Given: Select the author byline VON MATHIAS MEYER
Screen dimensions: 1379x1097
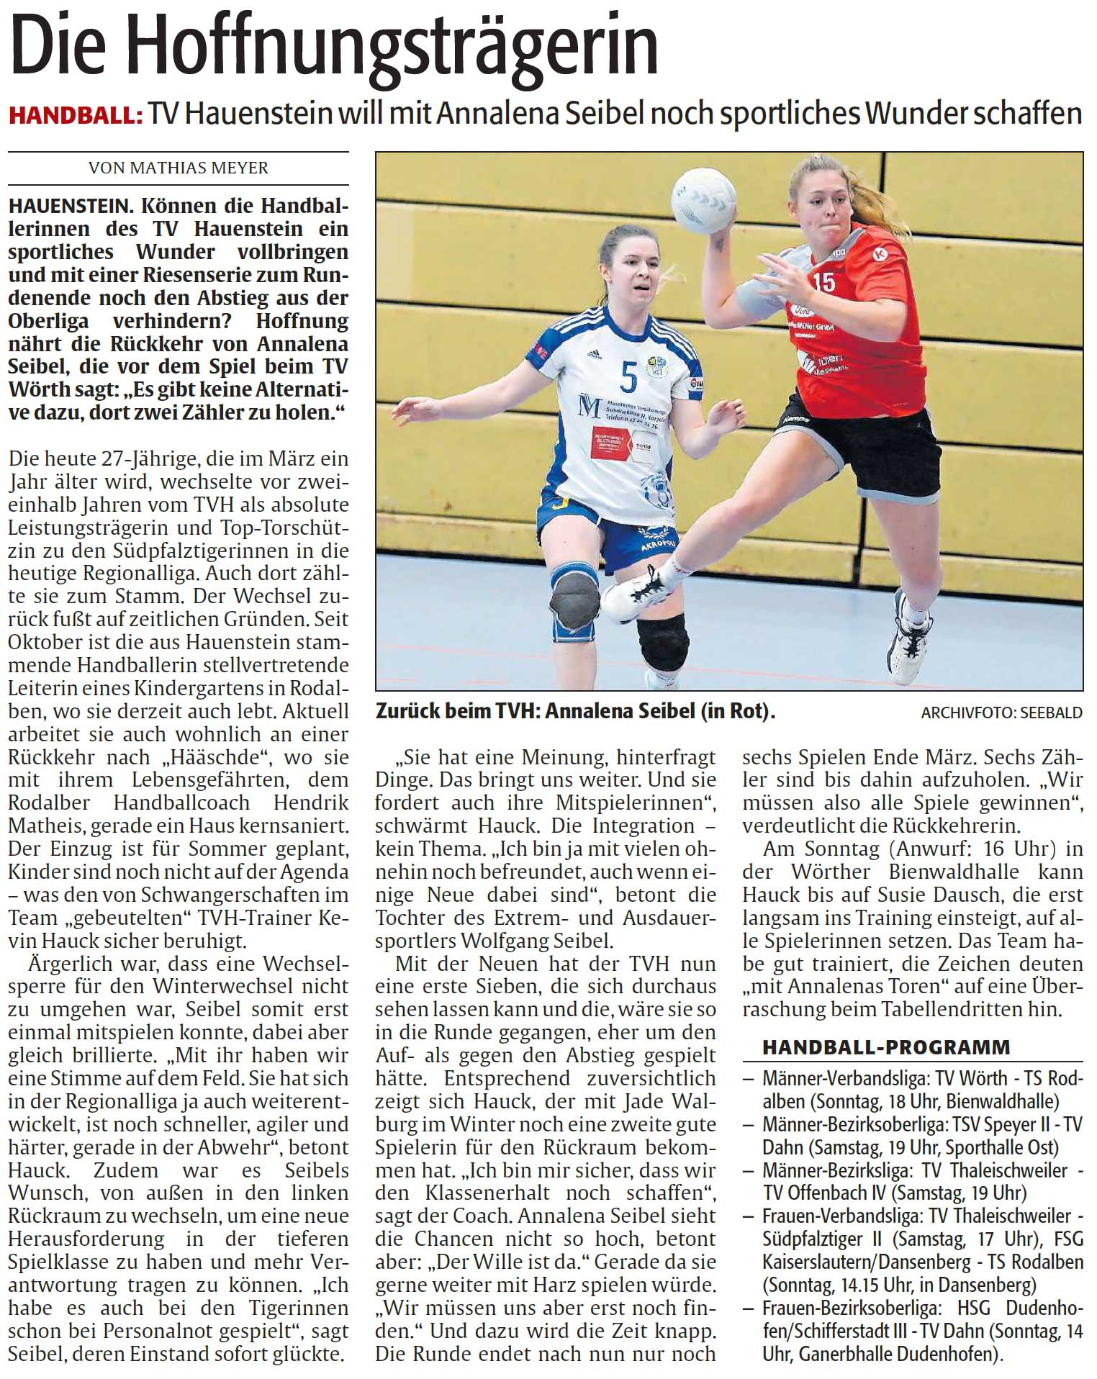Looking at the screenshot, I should tap(178, 168).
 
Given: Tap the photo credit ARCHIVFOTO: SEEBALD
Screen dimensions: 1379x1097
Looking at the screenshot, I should tap(1001, 713).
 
